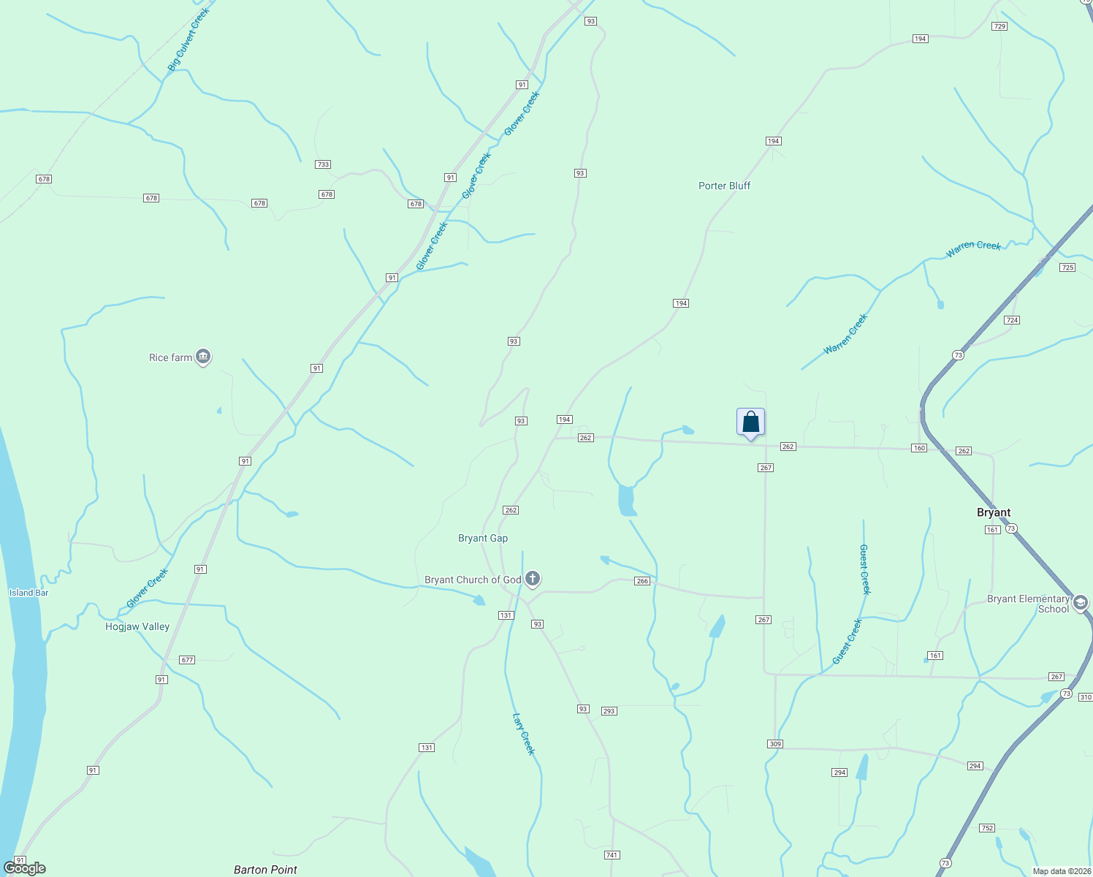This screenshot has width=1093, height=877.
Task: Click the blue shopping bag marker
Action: click(x=750, y=422)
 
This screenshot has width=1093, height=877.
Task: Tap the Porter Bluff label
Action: click(x=724, y=186)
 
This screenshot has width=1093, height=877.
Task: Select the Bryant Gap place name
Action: click(x=483, y=538)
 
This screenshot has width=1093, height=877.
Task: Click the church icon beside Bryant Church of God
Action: click(x=533, y=580)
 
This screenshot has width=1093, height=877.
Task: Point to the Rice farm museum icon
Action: click(x=204, y=357)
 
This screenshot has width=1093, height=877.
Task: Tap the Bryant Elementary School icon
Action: click(x=1081, y=603)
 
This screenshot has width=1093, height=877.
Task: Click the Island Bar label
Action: click(x=29, y=593)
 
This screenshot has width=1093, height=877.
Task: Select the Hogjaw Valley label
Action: click(x=137, y=626)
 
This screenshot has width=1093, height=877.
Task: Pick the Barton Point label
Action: click(x=265, y=870)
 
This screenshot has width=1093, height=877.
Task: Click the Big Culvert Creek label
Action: click(x=188, y=39)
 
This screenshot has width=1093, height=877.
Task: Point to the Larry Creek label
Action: click(x=524, y=734)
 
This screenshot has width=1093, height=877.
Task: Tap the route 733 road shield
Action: click(x=323, y=164)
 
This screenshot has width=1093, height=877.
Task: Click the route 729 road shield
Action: click(x=999, y=26)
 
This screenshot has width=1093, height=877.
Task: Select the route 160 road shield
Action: click(x=919, y=448)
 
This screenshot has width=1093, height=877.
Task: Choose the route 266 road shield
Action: click(x=642, y=581)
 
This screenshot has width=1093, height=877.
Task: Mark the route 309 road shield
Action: click(x=775, y=744)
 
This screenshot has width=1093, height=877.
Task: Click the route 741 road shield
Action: click(x=612, y=855)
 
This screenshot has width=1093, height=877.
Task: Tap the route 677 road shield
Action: click(x=187, y=660)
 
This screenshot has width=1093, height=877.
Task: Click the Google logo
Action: click(x=25, y=868)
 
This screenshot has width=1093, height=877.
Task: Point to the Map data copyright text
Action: click(x=1061, y=871)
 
